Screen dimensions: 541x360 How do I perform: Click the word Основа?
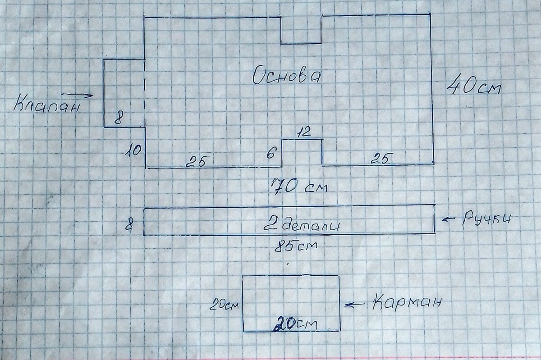pyautogui.click(x=287, y=76)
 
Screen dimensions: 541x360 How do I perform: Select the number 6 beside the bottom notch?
pyautogui.click(x=271, y=153)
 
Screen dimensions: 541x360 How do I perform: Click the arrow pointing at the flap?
pyautogui.click(x=77, y=95)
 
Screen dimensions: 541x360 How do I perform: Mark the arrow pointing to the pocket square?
pyautogui.click(x=355, y=305)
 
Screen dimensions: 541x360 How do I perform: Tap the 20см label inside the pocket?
pyautogui.click(x=296, y=324)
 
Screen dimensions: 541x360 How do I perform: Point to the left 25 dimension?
pyautogui.click(x=197, y=162)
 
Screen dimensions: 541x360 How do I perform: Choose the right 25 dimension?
pyautogui.click(x=381, y=159)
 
